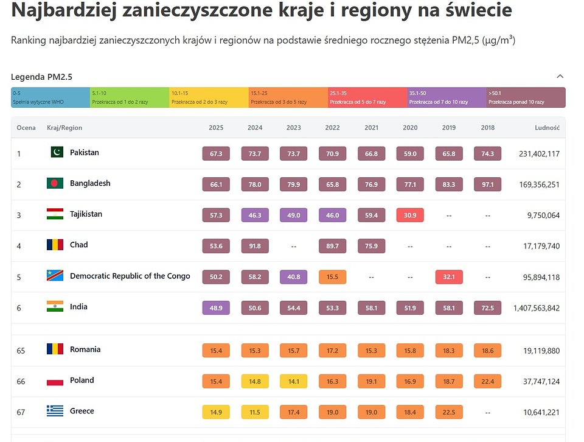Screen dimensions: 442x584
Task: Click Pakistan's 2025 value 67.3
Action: pos(216,153)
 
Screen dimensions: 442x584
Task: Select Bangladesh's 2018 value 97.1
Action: pos(487,184)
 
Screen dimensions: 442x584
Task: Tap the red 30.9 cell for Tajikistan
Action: pos(410,215)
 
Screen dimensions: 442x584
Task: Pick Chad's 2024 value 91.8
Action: pos(255,246)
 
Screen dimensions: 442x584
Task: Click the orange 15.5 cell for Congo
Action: pos(332,276)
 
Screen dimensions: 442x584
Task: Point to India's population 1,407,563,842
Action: pos(536,308)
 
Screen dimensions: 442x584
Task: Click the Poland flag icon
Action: pos(55,381)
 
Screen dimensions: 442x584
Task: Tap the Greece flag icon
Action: pos(55,412)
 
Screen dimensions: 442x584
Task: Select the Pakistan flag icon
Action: pos(57,152)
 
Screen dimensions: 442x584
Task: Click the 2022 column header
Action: pos(332,128)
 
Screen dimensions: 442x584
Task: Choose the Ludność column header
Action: pos(547,128)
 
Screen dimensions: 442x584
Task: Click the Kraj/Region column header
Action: pos(64,128)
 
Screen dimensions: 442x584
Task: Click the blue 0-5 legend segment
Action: pos(50,97)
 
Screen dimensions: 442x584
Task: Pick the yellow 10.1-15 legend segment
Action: pos(209,97)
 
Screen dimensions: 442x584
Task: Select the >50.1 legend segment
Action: pos(526,97)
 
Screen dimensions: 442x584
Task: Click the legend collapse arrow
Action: pos(560,77)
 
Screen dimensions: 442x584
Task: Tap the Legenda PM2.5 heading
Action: pos(42,77)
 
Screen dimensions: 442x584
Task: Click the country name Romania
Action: pos(85,349)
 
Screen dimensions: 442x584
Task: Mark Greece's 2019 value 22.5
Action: pos(449,412)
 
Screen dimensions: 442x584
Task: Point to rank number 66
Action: pos(21,381)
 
